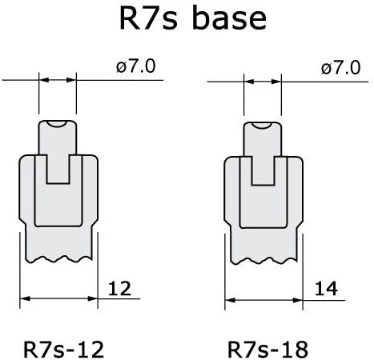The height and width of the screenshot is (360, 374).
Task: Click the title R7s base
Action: (193, 18)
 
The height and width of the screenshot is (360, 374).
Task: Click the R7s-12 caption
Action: (63, 350)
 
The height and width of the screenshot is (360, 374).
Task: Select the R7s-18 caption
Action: (267, 350)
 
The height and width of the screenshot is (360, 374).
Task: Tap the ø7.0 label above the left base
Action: (135, 66)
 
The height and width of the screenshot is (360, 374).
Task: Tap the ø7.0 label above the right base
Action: (341, 68)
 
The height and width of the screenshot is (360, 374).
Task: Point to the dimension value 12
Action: (119, 289)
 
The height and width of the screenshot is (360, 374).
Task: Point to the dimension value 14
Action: (326, 289)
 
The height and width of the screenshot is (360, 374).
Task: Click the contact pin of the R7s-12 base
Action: (58, 152)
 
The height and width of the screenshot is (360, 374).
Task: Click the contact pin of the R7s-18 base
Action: (263, 154)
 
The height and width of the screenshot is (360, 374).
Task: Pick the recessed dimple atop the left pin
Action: (58, 124)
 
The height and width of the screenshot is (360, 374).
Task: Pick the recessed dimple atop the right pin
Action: (263, 126)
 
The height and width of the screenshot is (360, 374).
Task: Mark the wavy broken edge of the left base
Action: (59, 259)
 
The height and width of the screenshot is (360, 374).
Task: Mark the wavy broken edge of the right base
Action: (264, 261)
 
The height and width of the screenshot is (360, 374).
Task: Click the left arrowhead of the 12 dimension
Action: (25, 298)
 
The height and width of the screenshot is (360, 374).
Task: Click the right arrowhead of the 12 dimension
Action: (93, 298)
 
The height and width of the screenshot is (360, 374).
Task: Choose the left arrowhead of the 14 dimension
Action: (230, 300)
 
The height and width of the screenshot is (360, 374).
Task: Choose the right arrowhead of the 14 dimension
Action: (298, 300)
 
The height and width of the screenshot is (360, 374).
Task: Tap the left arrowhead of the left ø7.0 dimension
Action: (44, 80)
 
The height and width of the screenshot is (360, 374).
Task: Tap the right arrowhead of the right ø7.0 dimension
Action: (276, 82)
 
